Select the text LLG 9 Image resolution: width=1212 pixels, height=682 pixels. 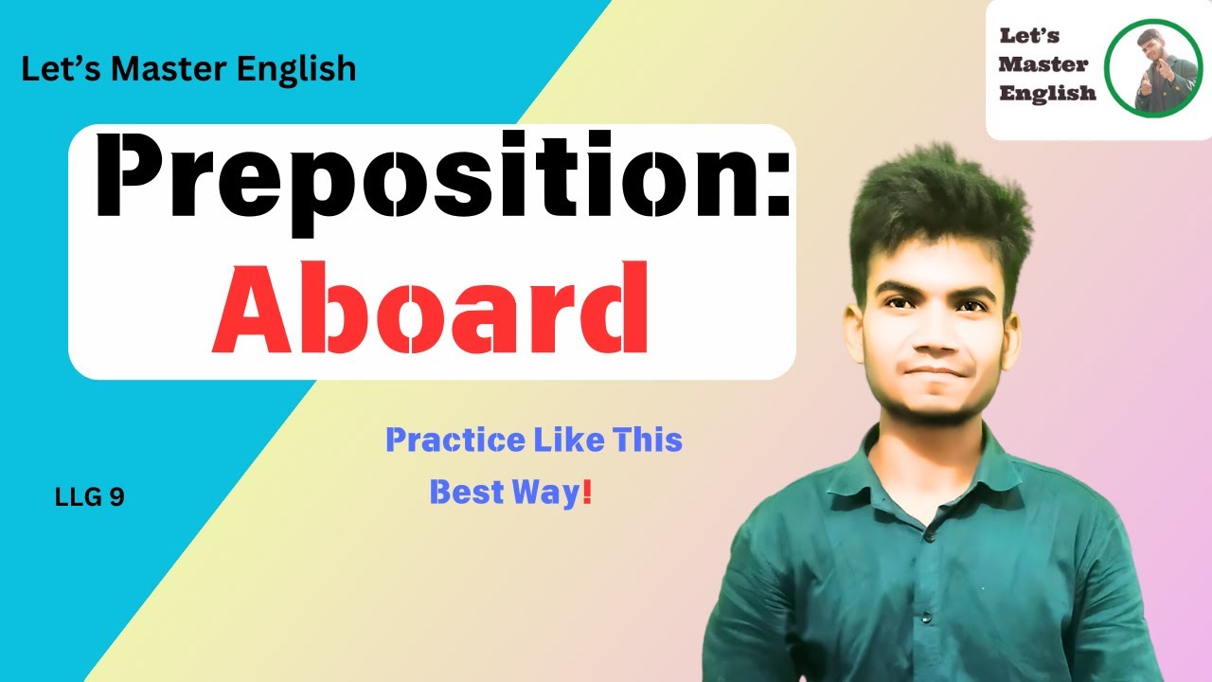pos(90,497)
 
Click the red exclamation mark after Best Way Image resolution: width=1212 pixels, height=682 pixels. pos(587,493)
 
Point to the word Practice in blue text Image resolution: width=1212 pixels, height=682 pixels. pos(454,440)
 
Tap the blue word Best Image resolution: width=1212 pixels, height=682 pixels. pos(464,493)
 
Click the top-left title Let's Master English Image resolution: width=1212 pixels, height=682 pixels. pos(188,68)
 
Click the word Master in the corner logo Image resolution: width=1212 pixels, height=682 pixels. pos(1044,65)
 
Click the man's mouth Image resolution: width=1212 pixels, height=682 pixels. pos(933,372)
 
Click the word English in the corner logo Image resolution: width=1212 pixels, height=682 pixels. pos(1047,92)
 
